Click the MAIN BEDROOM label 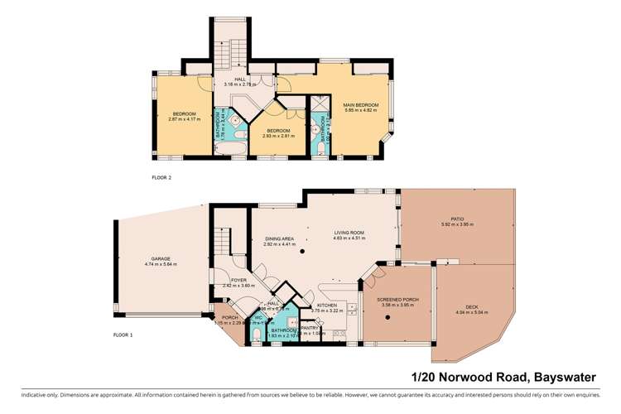click(x=361, y=105)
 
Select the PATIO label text click(x=456, y=219)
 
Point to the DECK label click(x=471, y=308)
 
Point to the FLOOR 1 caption click(x=123, y=335)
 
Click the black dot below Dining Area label click(x=303, y=250)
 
